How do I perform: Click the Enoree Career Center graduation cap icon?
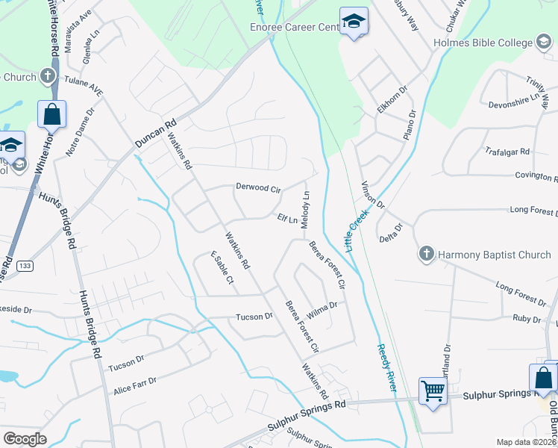(x=354, y=22)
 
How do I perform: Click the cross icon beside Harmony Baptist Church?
(x=427, y=255)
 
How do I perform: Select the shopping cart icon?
(x=433, y=389)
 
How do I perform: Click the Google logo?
(x=25, y=438)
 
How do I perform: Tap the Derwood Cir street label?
(x=258, y=187)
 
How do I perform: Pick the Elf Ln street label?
(x=287, y=220)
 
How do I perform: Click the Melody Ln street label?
(x=305, y=208)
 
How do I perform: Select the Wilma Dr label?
(x=322, y=309)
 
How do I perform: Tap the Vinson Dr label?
(x=372, y=195)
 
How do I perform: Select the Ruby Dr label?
(x=527, y=319)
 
